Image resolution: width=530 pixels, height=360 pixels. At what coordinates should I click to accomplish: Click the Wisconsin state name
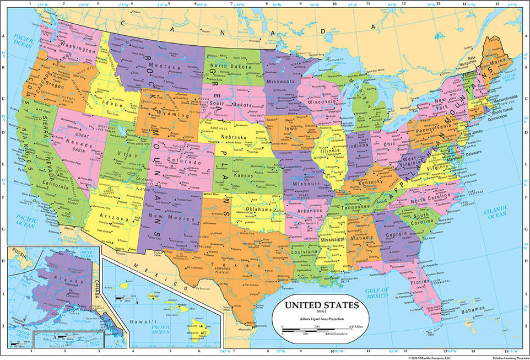[x=322, y=102]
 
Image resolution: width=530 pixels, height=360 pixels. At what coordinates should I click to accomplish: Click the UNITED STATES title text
[x=322, y=305]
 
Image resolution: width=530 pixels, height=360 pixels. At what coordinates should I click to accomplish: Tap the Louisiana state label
[x=309, y=252]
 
